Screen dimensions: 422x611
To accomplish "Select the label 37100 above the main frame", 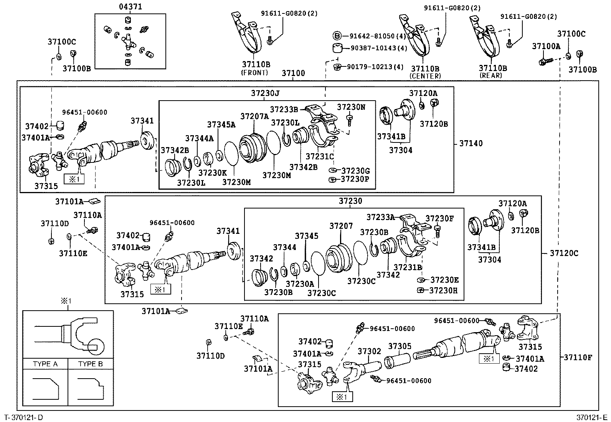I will (293, 73).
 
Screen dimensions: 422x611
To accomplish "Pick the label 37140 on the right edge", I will (471, 144).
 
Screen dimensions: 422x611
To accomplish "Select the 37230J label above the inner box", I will (266, 93).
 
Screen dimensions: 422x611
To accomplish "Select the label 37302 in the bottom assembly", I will (369, 351).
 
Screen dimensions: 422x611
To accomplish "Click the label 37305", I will (400, 346).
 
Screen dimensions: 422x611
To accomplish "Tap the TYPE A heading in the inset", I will (45, 364).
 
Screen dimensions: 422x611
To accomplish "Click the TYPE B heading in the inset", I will (91, 364).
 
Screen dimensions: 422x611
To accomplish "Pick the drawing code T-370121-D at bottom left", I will (24, 417).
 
